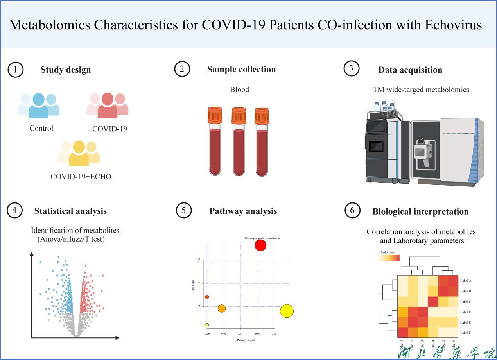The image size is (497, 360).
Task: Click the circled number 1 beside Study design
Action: tap(15, 70)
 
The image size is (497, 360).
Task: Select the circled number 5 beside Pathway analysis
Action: tap(183, 211)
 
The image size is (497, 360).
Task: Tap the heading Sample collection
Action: tap(241, 70)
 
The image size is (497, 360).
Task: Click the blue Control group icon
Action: tap(38, 106)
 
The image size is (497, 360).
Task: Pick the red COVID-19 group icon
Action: tap(108, 106)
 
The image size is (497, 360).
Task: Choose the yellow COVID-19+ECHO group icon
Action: tap(79, 153)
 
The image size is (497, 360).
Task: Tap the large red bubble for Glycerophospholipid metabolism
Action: tap(260, 245)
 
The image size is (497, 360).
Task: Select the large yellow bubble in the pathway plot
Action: tap(287, 311)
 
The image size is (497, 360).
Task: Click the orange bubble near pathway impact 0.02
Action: tap(222, 309)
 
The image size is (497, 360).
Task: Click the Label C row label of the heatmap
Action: tap(466, 302)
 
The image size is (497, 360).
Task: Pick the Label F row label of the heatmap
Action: tap(466, 333)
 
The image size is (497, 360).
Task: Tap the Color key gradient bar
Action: tap(390, 258)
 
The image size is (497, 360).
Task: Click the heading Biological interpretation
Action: tap(420, 211)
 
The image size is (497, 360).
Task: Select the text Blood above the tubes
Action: tap(239, 90)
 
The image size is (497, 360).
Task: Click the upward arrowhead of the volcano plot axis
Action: tap(32, 254)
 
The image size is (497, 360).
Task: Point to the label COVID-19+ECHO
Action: tap(81, 177)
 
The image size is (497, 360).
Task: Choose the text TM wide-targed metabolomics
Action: tap(421, 90)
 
